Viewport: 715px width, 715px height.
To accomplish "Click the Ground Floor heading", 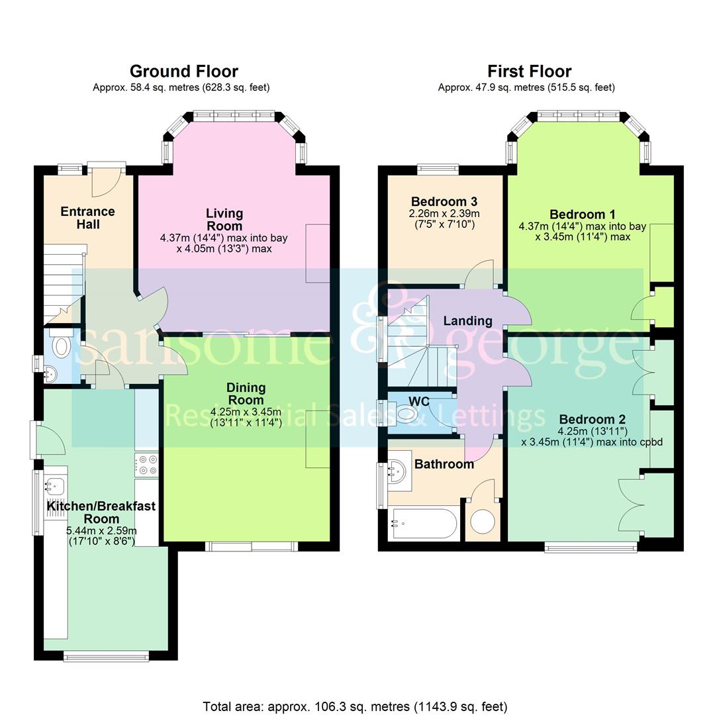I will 183,71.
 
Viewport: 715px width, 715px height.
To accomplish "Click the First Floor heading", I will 529,71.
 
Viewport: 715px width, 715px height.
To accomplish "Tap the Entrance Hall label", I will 87,218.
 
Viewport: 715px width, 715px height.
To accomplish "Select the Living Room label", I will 224,219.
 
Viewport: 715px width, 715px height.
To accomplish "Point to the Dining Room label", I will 246,393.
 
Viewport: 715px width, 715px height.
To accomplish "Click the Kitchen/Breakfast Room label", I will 101,512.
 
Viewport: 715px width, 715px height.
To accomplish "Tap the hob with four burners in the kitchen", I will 146,464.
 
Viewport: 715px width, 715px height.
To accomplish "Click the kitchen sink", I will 54,487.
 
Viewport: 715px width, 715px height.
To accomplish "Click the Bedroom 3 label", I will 444,201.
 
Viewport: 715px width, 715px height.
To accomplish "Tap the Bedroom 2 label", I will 592,419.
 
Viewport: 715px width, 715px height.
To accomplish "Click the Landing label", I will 467,321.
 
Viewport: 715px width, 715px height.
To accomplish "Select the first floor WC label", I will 419,401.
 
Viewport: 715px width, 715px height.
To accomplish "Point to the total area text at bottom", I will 354,706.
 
